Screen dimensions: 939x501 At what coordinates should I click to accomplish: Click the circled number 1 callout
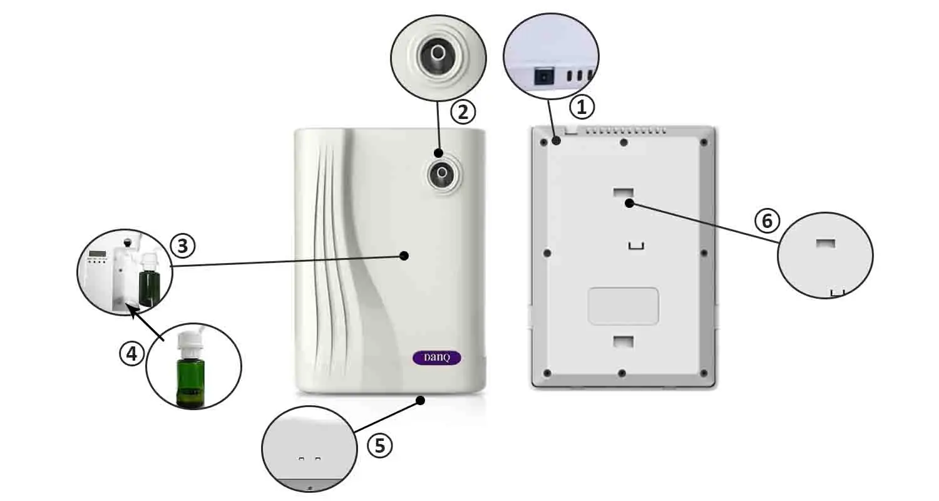[x=582, y=107]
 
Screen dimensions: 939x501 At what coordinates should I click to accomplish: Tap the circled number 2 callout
[x=463, y=112]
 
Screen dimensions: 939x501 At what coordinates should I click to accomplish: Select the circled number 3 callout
[x=183, y=245]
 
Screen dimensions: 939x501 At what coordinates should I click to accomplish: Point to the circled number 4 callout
[x=132, y=354]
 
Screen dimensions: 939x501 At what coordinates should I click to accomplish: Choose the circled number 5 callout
[x=380, y=445]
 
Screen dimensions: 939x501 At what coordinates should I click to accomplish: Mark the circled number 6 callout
[x=767, y=220]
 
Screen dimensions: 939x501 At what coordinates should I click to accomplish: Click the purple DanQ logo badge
[x=437, y=358]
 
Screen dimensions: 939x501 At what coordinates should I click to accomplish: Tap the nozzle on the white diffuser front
[x=442, y=173]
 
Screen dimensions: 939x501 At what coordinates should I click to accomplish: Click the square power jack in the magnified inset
[x=544, y=77]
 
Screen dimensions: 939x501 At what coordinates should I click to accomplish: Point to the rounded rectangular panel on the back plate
[x=623, y=306]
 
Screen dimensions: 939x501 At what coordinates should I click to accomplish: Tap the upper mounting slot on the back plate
[x=623, y=192]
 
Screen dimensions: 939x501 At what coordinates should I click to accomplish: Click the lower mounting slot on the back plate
[x=623, y=341]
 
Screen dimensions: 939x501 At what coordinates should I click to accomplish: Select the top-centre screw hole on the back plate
[x=623, y=143]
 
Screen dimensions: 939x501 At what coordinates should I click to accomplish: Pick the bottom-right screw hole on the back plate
[x=704, y=373]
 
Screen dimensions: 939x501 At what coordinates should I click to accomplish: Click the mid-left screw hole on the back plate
[x=547, y=253]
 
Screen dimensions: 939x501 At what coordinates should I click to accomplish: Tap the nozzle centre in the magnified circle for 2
[x=438, y=53]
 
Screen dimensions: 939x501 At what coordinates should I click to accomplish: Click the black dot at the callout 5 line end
[x=420, y=400]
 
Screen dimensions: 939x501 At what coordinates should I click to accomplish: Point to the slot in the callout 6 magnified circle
[x=826, y=244]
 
